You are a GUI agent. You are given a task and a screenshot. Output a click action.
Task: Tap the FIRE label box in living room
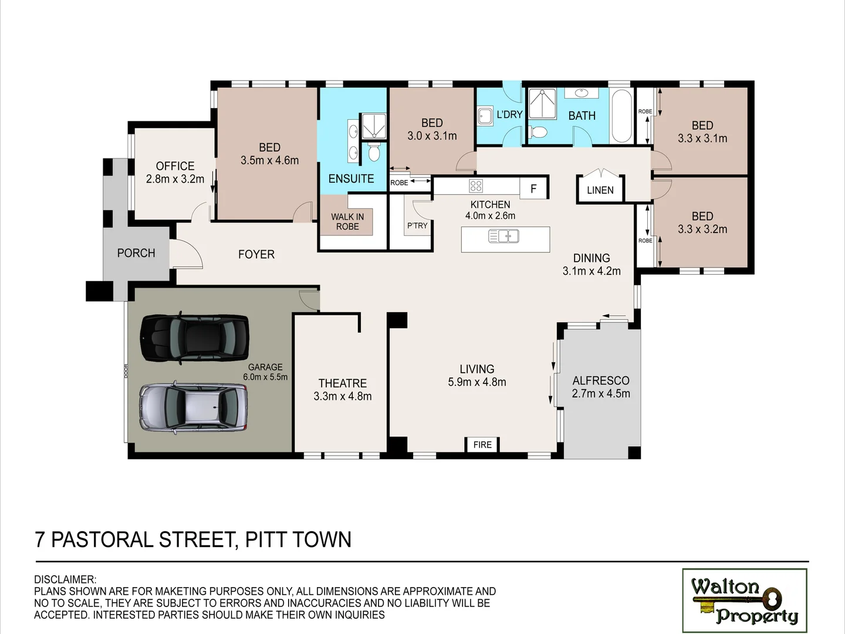[x=482, y=444]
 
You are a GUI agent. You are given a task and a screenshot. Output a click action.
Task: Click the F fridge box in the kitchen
[x=533, y=188]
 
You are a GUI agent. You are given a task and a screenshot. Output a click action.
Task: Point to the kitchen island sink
[x=503, y=237]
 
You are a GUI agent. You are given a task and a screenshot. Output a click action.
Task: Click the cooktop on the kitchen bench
[x=476, y=186]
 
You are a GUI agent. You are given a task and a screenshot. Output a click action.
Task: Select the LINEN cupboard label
[x=600, y=190]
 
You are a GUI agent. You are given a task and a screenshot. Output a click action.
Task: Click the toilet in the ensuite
[x=374, y=154]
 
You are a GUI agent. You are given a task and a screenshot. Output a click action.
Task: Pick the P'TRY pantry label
[x=417, y=225]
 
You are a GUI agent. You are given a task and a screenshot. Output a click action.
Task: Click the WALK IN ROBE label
[x=347, y=221]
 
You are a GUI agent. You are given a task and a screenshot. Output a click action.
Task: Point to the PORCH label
[x=136, y=253]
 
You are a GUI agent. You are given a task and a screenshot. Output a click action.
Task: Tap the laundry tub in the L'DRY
[x=485, y=116]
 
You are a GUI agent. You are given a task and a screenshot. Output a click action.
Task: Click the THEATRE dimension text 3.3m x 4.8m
[x=343, y=396]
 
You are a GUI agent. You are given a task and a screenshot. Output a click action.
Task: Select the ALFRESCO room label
[x=601, y=381]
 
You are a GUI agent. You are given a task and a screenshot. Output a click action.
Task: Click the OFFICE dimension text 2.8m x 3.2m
[x=175, y=179]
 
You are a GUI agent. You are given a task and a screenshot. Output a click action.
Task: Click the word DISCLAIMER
[x=65, y=580]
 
